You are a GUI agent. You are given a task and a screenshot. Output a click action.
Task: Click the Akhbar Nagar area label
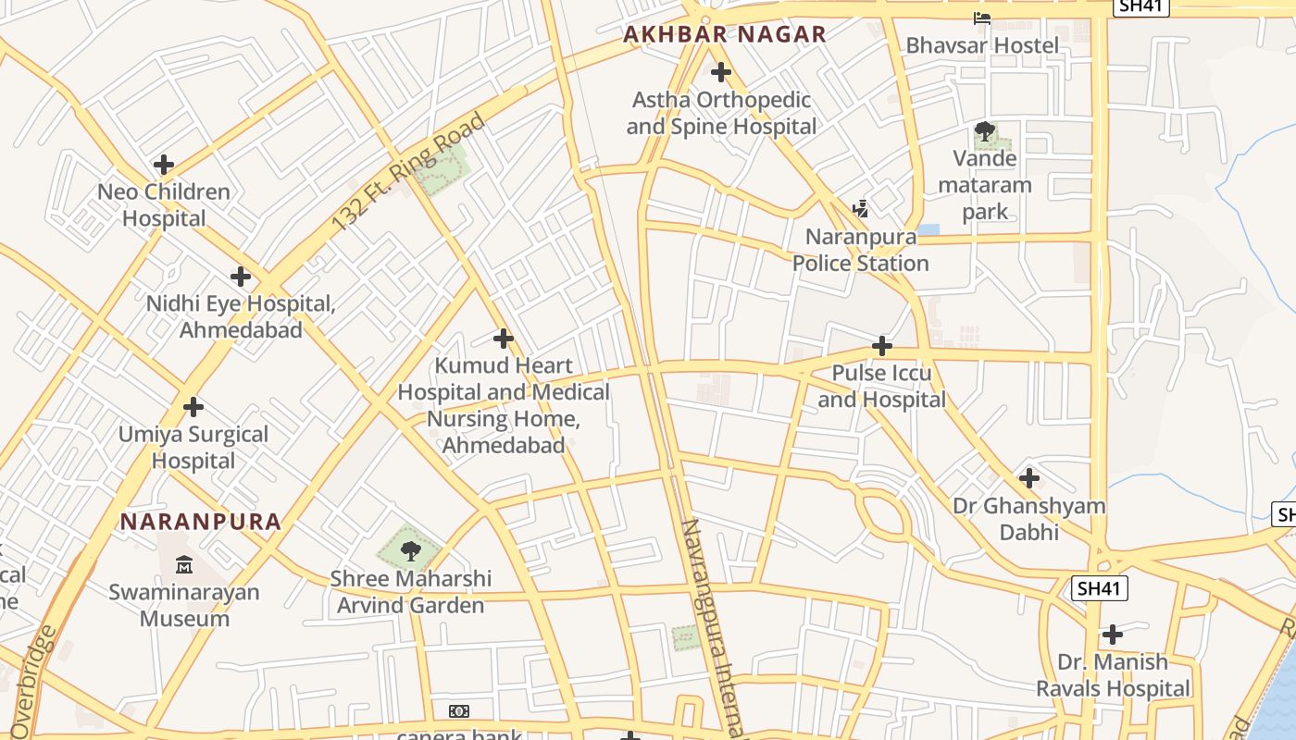click(724, 35)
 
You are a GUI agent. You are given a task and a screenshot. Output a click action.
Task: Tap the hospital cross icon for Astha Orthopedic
click(720, 72)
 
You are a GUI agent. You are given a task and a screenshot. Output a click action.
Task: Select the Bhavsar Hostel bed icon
click(982, 18)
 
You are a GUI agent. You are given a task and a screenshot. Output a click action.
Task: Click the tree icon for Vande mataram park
click(985, 132)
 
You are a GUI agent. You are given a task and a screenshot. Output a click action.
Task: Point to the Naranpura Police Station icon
click(861, 208)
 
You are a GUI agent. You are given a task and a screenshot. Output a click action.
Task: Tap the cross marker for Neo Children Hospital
click(164, 166)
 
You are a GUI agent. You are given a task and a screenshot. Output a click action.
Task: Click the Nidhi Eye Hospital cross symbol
click(241, 277)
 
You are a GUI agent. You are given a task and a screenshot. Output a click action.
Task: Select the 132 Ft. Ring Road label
click(408, 172)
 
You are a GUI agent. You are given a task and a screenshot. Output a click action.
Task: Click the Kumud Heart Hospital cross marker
click(504, 339)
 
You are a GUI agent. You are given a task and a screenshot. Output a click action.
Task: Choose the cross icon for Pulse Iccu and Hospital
click(882, 347)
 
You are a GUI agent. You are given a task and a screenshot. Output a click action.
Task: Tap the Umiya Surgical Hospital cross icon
click(193, 407)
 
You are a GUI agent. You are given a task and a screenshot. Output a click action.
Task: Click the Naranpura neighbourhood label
click(201, 522)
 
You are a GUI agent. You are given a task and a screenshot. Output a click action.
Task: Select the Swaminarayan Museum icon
click(184, 564)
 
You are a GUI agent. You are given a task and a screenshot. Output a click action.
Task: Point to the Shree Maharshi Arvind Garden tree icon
click(410, 551)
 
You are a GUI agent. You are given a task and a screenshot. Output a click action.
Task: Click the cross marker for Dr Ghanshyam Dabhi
click(1028, 479)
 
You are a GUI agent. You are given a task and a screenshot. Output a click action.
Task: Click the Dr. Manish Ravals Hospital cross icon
click(1113, 635)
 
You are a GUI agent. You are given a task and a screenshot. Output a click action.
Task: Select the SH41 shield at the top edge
click(1142, 6)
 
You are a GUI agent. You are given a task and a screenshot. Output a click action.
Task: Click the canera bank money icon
click(459, 710)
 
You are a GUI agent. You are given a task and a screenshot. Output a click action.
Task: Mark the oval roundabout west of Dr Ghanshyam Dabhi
click(884, 515)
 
